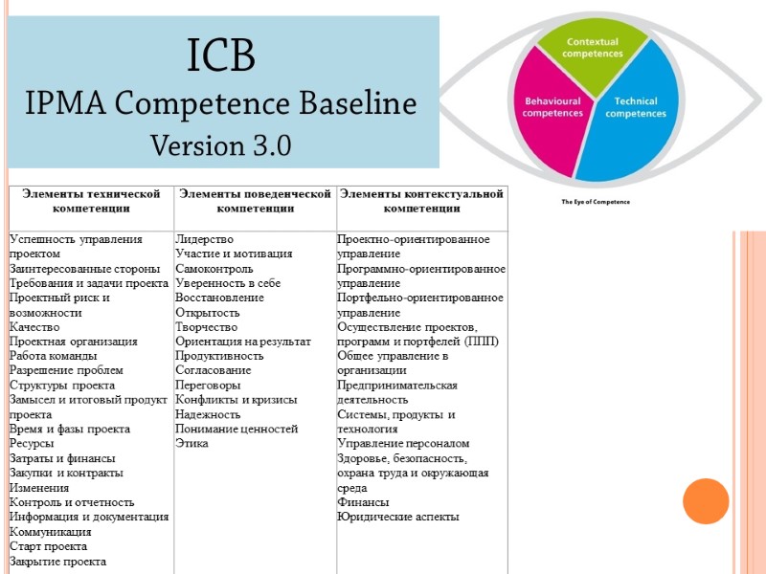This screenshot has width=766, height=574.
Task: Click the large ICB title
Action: pyautogui.click(x=220, y=57)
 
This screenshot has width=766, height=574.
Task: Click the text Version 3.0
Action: pyautogui.click(x=220, y=146)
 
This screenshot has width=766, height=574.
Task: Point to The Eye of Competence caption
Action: pyautogui.click(x=596, y=202)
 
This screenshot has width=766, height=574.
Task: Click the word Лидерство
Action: pyautogui.click(x=204, y=239)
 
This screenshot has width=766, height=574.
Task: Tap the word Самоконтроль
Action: pyautogui.click(x=214, y=268)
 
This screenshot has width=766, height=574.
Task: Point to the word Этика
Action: pyautogui.click(x=191, y=443)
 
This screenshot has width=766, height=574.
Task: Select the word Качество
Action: pyautogui.click(x=34, y=326)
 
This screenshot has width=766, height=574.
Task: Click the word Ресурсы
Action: pyautogui.click(x=32, y=443)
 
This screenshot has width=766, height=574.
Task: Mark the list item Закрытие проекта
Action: pyautogui.click(x=57, y=561)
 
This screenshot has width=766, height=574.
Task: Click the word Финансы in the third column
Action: pyautogui.click(x=361, y=501)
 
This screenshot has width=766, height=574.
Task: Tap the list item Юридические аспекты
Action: pyautogui.click(x=397, y=517)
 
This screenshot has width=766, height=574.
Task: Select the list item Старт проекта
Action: pyautogui.click(x=48, y=546)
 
